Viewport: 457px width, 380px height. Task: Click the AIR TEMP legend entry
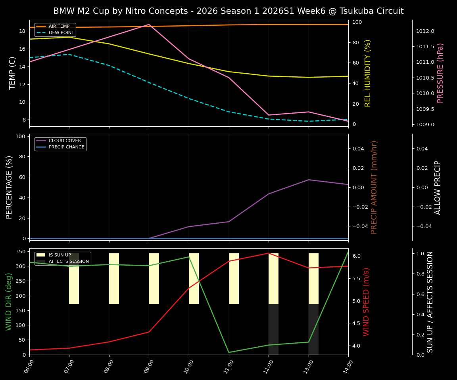pos(59,27)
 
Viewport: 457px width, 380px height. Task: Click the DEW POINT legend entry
pos(61,33)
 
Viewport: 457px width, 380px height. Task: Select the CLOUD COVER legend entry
pos(64,141)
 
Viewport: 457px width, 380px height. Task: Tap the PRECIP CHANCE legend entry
pos(66,147)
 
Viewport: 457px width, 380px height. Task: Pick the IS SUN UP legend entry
pos(60,255)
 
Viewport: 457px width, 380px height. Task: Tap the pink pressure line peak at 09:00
pos(149,25)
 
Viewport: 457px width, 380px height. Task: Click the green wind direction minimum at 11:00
pos(228,352)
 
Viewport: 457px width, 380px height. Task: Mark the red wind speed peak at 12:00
pos(269,253)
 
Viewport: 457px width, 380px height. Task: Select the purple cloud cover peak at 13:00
pos(309,180)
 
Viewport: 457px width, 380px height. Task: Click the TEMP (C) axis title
pos(13,73)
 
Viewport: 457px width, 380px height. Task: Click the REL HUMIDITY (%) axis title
pos(368,73)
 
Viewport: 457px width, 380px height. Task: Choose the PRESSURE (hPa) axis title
pos(440,73)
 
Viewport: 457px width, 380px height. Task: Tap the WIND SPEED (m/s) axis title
pos(366,302)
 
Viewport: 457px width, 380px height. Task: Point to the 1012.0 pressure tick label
pos(425,31)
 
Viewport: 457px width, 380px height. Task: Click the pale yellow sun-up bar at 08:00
pos(114,279)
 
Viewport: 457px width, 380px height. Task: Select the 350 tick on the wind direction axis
pos(21,251)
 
